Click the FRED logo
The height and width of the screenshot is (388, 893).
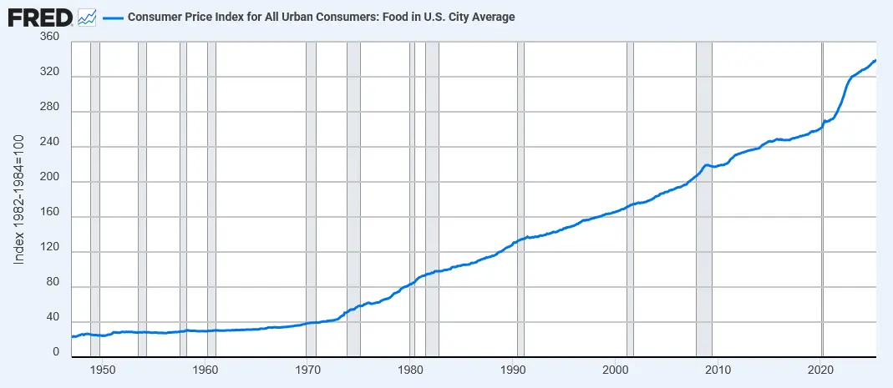pos(40,17)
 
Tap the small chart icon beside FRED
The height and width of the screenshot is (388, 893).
pos(86,17)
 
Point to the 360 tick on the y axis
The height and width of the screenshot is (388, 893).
pos(49,38)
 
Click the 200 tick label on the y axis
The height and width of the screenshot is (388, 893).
pos(49,182)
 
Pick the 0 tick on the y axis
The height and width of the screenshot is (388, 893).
pos(56,354)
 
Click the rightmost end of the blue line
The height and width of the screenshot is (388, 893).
pos(875,60)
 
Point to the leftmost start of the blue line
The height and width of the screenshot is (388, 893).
pos(72,336)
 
